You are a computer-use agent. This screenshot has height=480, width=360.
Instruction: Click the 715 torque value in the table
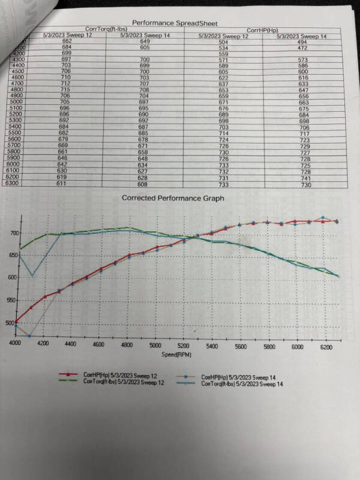[x=67, y=89]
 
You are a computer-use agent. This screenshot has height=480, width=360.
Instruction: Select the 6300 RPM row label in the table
[x=13, y=184]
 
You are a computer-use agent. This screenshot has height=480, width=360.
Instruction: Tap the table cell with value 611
[x=62, y=184]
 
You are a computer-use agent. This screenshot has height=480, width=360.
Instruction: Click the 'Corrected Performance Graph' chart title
[x=173, y=198]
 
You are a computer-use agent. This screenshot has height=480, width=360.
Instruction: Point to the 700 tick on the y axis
[x=13, y=233]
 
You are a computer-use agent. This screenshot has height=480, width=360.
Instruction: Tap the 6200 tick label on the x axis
[x=326, y=347]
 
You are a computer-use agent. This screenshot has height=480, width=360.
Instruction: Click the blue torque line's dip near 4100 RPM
[x=32, y=275]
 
